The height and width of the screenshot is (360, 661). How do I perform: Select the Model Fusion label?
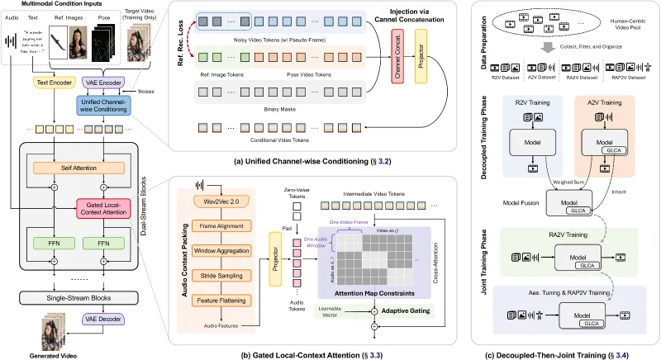(x=517, y=201)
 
